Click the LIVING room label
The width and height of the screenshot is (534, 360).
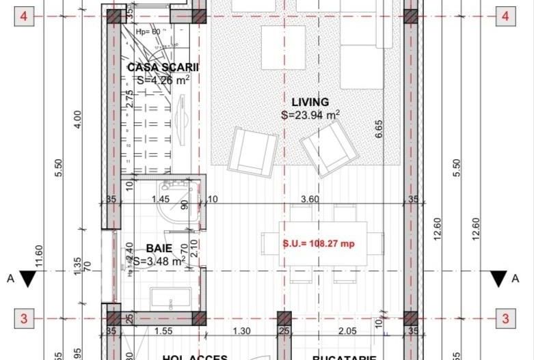coord(310,102)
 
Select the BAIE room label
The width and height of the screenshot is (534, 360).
coord(159,249)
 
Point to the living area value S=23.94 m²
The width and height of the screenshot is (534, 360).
coord(310,115)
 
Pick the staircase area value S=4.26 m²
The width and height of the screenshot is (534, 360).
coord(163,80)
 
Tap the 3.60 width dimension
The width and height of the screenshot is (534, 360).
coord(310,199)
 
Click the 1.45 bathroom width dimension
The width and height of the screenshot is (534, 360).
coord(160,199)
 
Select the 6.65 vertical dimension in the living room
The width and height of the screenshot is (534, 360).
coord(378,128)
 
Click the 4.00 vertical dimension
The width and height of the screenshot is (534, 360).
coord(77,119)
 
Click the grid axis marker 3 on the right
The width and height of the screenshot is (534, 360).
coord(505,318)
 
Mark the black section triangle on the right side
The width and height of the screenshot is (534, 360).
coord(498,278)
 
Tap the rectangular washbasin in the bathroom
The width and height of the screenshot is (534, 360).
coord(168,298)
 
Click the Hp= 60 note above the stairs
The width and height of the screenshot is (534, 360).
coord(148,31)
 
